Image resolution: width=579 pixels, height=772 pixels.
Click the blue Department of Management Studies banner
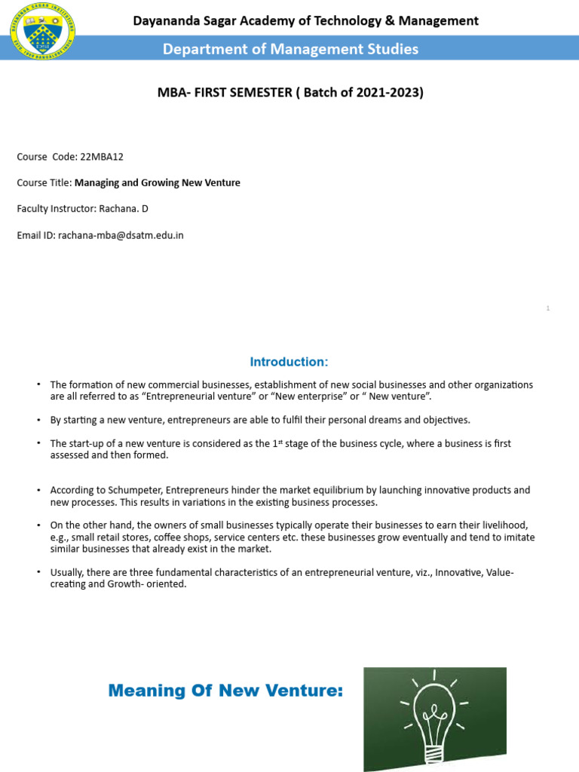[x=291, y=50]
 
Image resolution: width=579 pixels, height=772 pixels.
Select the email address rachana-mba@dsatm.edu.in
[x=121, y=235]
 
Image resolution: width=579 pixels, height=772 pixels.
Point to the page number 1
[x=548, y=308]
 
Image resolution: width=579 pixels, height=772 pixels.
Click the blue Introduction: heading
[x=289, y=362]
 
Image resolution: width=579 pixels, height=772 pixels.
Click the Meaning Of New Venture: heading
[x=225, y=690]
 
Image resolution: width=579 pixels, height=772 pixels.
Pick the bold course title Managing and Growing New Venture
[x=158, y=182]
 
